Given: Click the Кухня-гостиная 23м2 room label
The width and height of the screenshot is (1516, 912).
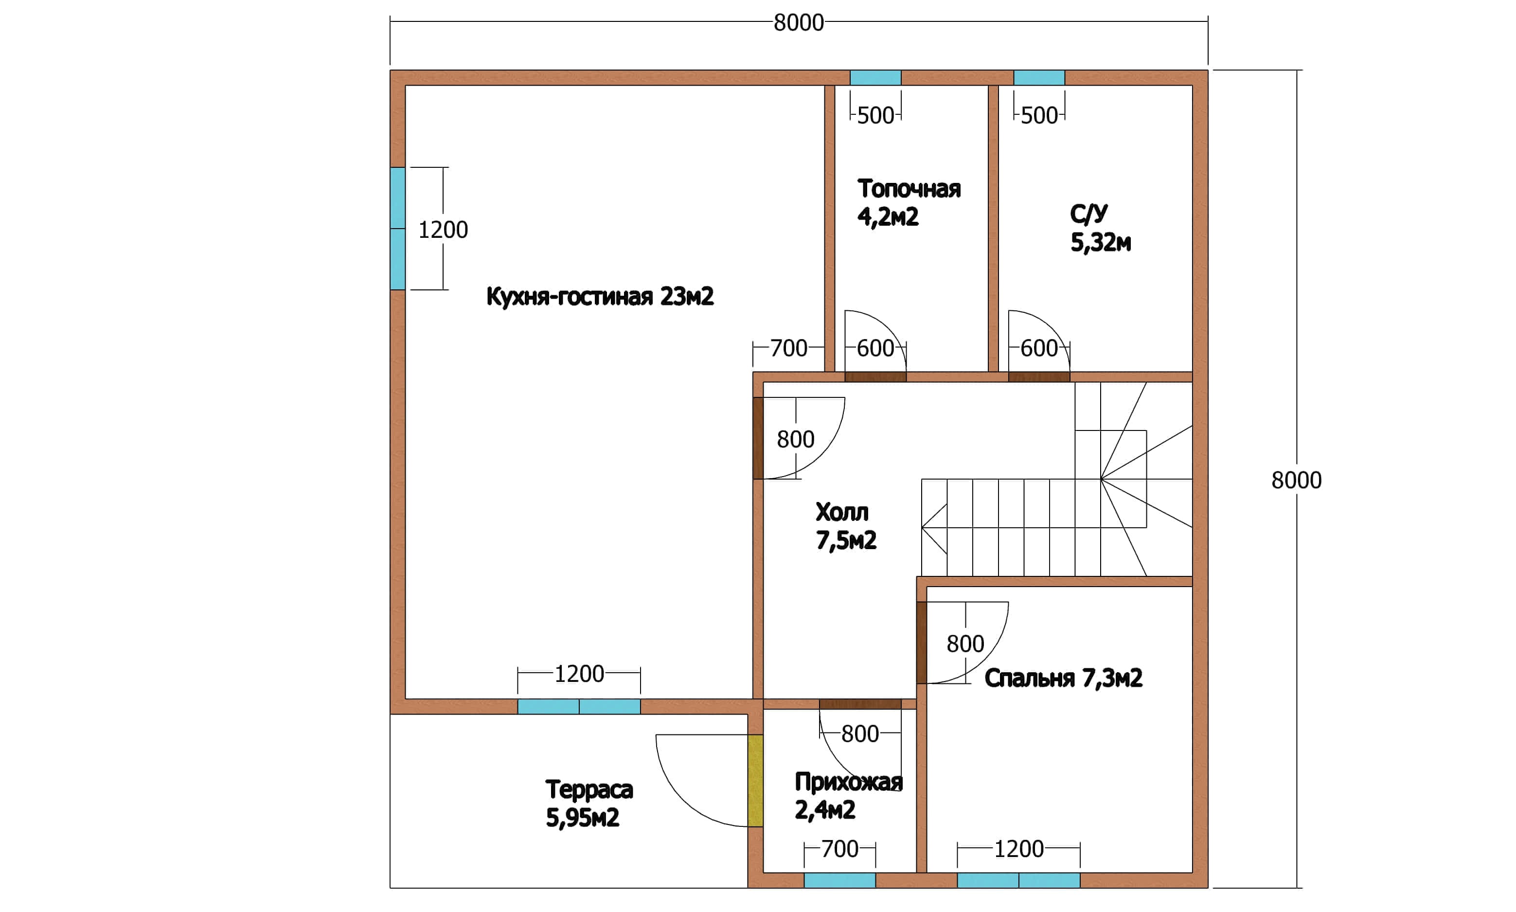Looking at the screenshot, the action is [x=600, y=297].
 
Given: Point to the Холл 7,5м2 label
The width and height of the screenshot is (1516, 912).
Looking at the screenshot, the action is [x=846, y=526].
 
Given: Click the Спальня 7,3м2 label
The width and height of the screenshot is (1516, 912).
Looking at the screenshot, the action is [x=1063, y=678].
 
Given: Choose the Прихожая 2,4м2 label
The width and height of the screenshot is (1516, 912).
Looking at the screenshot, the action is [x=849, y=796].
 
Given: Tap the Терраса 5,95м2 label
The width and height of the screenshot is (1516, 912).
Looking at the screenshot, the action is [x=589, y=803].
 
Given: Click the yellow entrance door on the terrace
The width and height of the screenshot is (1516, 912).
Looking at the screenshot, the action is [x=755, y=781].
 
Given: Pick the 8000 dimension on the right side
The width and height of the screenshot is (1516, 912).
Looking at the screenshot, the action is [x=1297, y=480].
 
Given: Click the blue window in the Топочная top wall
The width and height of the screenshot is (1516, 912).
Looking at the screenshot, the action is [x=875, y=77].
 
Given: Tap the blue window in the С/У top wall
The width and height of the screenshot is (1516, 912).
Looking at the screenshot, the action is [x=1039, y=77].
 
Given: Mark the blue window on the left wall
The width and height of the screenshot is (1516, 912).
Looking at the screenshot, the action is [x=397, y=229].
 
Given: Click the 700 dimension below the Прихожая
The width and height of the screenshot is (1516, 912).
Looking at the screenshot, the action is [x=839, y=849].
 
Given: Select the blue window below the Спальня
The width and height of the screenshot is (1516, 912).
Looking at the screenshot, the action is [x=1018, y=880].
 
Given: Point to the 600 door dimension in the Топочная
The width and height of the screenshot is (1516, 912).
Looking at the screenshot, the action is [x=875, y=348].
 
